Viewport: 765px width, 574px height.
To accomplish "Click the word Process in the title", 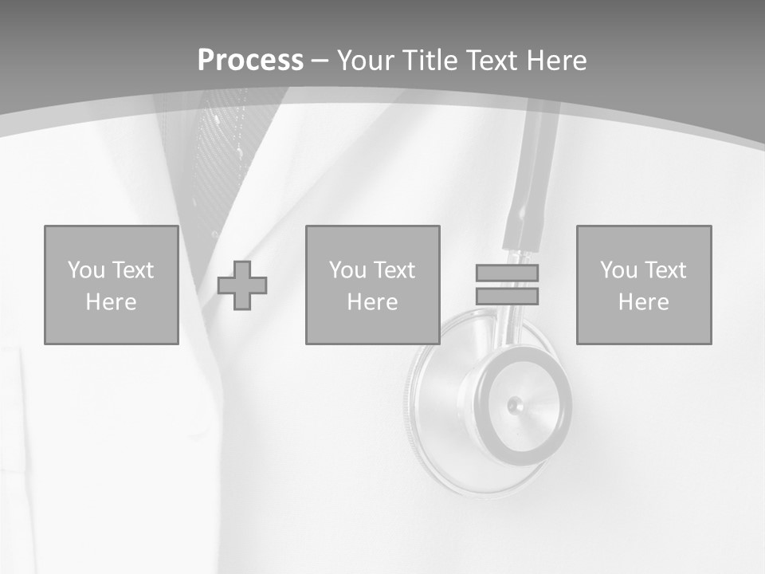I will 250,61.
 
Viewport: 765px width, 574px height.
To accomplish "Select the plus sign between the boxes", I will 242,285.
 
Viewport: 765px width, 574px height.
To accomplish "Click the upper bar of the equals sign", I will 507,273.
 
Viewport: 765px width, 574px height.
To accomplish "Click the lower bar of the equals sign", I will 507,296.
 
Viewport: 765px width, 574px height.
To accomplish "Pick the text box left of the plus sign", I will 112,285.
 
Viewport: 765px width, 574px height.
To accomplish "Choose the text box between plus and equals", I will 372,285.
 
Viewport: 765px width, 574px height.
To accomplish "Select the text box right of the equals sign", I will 644,285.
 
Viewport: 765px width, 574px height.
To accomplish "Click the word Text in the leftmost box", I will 132,270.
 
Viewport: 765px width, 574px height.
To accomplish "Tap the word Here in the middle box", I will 372,302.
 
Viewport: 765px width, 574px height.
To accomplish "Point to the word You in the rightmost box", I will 618,270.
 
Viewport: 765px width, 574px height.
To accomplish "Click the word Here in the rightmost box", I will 644,302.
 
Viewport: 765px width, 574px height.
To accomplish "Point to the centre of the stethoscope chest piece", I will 516,404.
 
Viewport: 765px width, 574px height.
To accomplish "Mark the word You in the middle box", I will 347,270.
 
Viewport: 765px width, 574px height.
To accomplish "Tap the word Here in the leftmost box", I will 112,302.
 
